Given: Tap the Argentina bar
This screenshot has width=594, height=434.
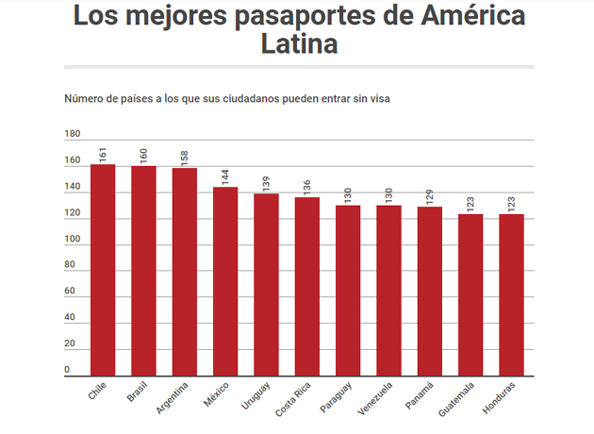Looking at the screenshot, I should [x=184, y=273].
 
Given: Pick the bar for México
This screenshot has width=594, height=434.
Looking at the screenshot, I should [x=224, y=282].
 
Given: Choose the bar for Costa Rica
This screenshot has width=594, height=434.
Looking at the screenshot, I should [x=307, y=287].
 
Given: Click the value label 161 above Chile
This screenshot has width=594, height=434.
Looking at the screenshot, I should [x=103, y=153].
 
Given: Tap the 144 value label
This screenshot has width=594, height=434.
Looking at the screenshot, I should [x=224, y=175].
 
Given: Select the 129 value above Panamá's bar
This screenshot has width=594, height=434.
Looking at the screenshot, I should [x=430, y=195].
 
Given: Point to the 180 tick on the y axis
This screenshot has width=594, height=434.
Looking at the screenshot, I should [x=73, y=134].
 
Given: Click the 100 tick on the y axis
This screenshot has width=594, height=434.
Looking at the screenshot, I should [x=73, y=239].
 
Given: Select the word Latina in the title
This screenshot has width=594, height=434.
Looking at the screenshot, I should [x=299, y=43].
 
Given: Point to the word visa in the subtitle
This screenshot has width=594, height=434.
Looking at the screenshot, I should [x=378, y=98].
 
